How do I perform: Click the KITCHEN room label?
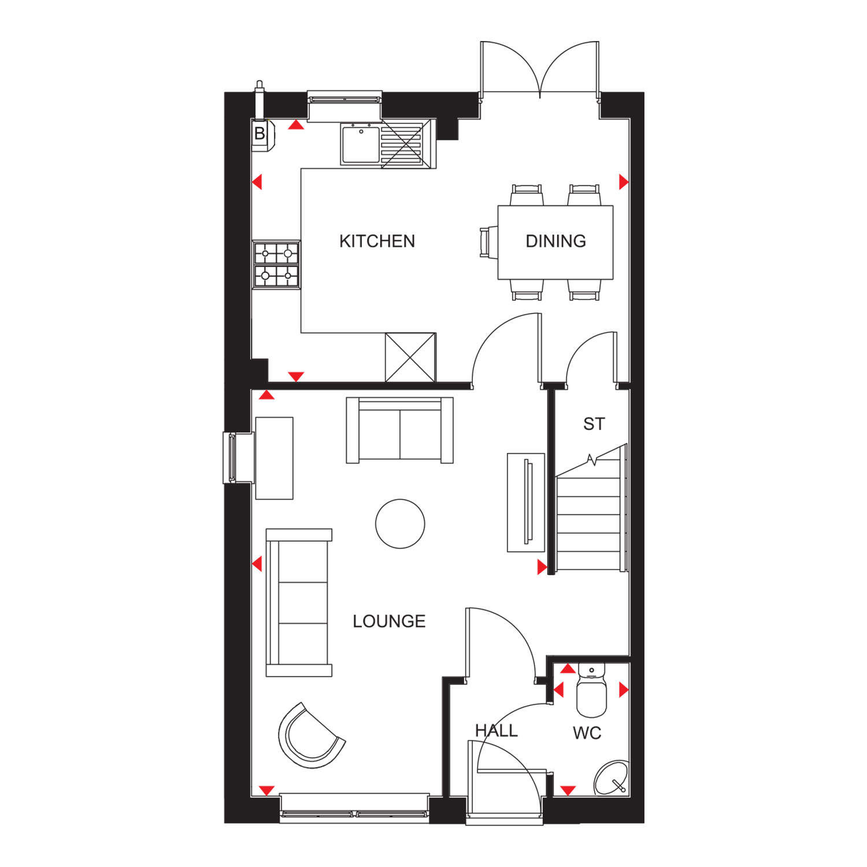pos(377,241)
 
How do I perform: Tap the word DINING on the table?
pos(555,241)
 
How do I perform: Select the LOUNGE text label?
pos(389,621)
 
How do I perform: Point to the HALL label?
pos(496,731)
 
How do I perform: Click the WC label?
pos(587,733)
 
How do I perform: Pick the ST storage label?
pos(594,424)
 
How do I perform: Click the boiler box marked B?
pos(261,134)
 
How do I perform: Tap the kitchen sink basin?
pos(361,144)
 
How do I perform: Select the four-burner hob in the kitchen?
pos(276,265)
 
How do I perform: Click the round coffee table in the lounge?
pos(400,524)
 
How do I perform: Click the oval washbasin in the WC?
pos(612,778)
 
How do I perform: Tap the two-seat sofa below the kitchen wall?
pos(399,430)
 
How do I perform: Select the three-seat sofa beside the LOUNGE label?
pos(299,602)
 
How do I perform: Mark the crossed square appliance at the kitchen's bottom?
pos(410,357)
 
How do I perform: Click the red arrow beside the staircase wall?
pos(542,567)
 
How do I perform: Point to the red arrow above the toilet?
pos(568,669)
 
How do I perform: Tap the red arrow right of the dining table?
pos(624,182)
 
